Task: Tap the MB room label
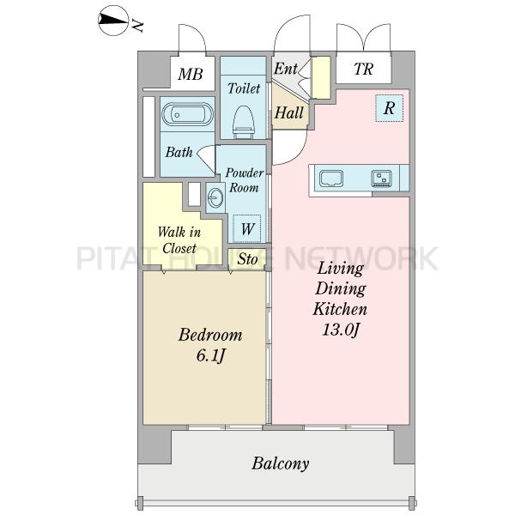click(x=191, y=74)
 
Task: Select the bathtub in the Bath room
click(x=187, y=114)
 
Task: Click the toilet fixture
click(x=244, y=122)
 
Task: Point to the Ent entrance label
click(x=286, y=69)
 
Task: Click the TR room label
click(x=363, y=69)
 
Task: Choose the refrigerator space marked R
click(x=389, y=108)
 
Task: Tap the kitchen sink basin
click(x=331, y=179)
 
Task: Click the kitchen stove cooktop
click(x=381, y=179)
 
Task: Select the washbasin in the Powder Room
click(x=215, y=197)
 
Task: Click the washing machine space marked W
click(x=247, y=228)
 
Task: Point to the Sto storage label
click(x=247, y=259)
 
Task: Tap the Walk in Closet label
click(x=179, y=240)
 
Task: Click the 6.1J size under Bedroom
click(x=210, y=355)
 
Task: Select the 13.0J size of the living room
click(x=341, y=330)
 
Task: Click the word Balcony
click(x=280, y=463)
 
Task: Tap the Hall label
click(x=288, y=112)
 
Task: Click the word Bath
click(x=179, y=152)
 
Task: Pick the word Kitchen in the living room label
click(x=340, y=309)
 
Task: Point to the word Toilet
click(x=244, y=88)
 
